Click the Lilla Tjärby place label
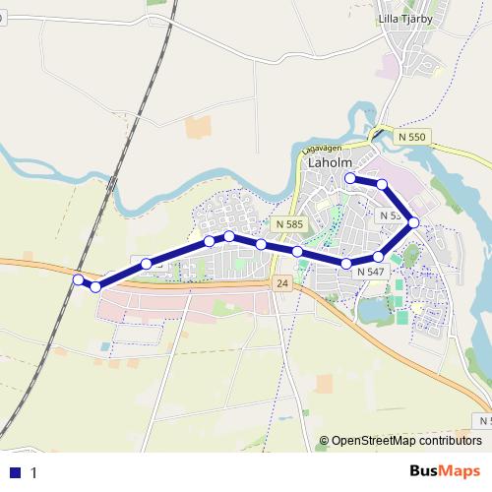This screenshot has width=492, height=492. click(x=405, y=19)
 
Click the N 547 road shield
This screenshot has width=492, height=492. click(x=371, y=271)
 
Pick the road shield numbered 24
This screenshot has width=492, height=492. click(x=283, y=283)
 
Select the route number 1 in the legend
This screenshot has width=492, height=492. click(x=34, y=472)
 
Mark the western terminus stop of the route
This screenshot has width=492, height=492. click(x=78, y=279)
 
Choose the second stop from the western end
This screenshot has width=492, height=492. click(x=95, y=286)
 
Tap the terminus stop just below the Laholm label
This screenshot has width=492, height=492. click(x=350, y=178)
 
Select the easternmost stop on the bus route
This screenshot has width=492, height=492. click(x=414, y=222)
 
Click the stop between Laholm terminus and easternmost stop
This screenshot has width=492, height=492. click(x=382, y=184)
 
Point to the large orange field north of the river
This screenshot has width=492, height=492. click(x=199, y=126)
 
